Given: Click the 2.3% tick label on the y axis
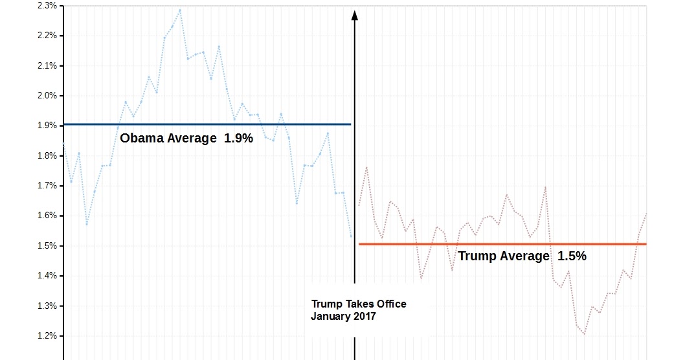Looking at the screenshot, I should click(x=47, y=6).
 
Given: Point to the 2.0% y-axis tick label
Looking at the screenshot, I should click(x=47, y=96).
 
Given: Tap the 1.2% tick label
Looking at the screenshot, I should click(x=47, y=336).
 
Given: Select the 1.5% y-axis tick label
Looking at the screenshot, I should click(x=47, y=246).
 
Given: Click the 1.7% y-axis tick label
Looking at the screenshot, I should click(x=47, y=186).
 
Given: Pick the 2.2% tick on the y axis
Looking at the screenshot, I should click(x=47, y=36).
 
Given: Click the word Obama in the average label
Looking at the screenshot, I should click(x=142, y=138).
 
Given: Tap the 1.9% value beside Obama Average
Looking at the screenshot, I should click(x=238, y=138).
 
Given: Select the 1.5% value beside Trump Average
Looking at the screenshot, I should click(x=572, y=256).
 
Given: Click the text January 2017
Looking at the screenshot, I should click(x=343, y=317).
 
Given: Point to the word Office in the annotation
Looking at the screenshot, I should click(x=388, y=304).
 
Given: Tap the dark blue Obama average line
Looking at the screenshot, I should click(x=207, y=124).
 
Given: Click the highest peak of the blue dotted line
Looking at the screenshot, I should click(x=180, y=10).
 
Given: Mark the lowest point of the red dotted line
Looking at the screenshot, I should click(x=584, y=334).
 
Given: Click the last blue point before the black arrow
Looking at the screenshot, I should click(x=351, y=236).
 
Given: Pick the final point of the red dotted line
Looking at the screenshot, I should click(x=646, y=214).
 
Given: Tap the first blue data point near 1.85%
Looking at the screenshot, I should click(x=63, y=143).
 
